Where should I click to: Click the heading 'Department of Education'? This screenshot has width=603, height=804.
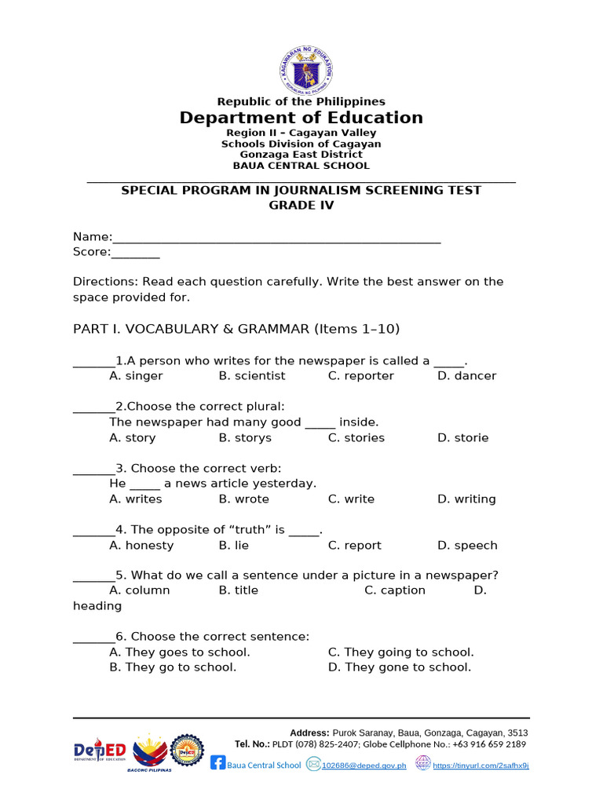pyautogui.click(x=301, y=118)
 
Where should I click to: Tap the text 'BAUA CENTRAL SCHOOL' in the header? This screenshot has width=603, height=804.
pyautogui.click(x=301, y=166)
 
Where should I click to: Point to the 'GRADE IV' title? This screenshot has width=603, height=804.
pyautogui.click(x=301, y=205)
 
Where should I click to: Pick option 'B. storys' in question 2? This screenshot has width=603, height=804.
pyautogui.click(x=245, y=438)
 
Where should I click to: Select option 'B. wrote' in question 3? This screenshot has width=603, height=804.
pyautogui.click(x=243, y=499)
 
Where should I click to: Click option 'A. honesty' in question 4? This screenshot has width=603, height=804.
pyautogui.click(x=141, y=546)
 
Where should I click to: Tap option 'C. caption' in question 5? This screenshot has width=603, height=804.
pyautogui.click(x=395, y=590)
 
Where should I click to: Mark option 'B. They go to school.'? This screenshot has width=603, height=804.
pyautogui.click(x=173, y=667)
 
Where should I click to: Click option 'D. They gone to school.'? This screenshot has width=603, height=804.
pyautogui.click(x=400, y=667)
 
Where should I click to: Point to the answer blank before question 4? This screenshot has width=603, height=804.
pyautogui.click(x=93, y=532)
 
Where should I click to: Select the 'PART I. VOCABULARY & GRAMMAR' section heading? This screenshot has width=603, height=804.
pyautogui.click(x=191, y=329)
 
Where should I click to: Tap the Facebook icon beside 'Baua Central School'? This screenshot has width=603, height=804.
pyautogui.click(x=217, y=763)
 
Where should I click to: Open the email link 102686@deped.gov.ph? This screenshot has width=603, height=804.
pyautogui.click(x=364, y=766)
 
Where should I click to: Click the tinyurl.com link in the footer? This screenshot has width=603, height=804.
pyautogui.click(x=481, y=766)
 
